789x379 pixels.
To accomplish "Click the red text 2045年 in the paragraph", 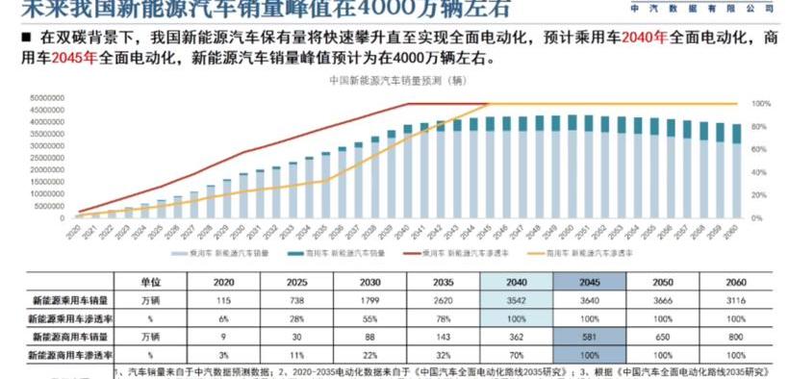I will (73, 58).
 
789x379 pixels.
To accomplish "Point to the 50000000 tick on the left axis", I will (45, 97).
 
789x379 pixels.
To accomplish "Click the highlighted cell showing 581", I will (589, 338).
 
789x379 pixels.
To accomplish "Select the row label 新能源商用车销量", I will (68, 338).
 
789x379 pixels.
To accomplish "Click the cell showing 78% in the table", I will (443, 318).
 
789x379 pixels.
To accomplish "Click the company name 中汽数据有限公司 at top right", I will (700, 7).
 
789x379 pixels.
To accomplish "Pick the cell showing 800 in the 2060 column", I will (734, 338).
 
